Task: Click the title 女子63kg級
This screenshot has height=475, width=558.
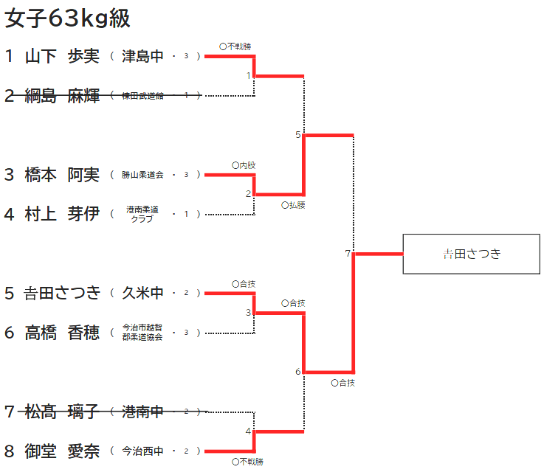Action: (x=67, y=18)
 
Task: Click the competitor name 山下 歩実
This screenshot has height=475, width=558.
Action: (x=62, y=56)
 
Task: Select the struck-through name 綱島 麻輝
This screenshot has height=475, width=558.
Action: (x=62, y=96)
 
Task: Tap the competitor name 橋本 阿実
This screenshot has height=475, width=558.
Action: (x=62, y=175)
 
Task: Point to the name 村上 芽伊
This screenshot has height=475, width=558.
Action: (x=62, y=214)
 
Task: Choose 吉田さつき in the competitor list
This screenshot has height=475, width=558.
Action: (x=62, y=294)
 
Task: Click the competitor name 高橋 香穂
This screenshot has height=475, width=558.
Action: (x=62, y=333)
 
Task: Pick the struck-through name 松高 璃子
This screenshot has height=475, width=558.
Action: (x=62, y=412)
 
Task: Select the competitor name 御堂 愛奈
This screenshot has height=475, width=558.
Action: (x=62, y=451)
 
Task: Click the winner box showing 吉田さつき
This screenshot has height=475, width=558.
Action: (x=472, y=254)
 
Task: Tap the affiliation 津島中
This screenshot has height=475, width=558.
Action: (x=142, y=56)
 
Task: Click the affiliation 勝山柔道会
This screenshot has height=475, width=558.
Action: (x=142, y=175)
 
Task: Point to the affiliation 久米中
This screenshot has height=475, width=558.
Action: (x=142, y=294)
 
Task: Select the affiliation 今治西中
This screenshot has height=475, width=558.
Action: (x=142, y=451)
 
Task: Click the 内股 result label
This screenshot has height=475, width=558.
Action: (x=244, y=165)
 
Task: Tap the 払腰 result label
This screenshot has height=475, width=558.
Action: (x=294, y=205)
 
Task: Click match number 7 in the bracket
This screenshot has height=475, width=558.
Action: (x=348, y=254)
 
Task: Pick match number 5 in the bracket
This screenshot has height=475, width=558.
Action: (x=297, y=135)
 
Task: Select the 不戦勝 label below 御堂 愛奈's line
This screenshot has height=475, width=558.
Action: (x=247, y=462)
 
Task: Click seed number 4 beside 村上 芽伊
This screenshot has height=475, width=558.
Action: (x=9, y=214)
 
